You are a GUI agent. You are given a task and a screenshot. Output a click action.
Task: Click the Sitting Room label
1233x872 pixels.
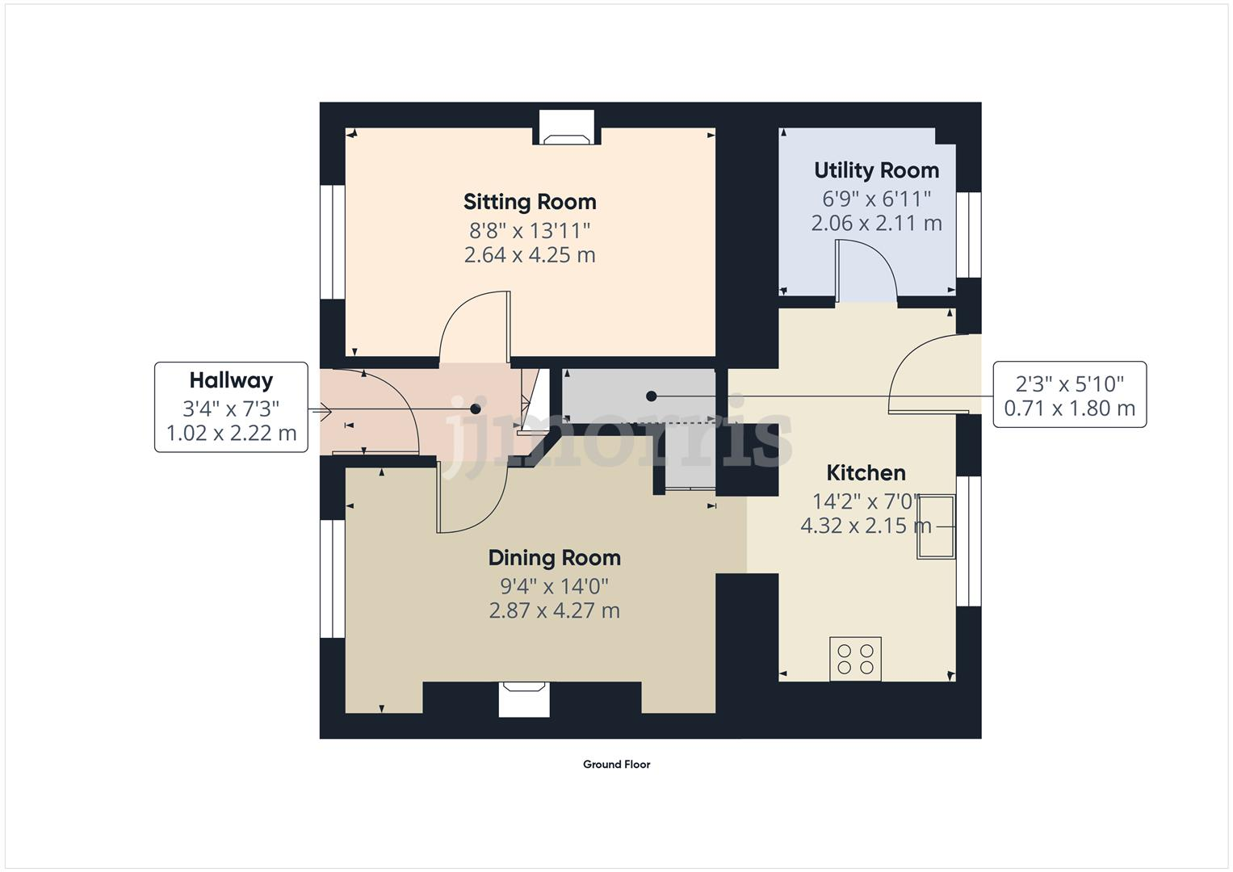pyautogui.click(x=530, y=202)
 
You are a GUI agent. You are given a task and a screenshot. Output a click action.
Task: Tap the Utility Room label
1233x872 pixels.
pyautogui.click(x=876, y=170)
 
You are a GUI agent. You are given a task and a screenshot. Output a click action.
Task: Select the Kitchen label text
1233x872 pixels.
pyautogui.click(x=866, y=473)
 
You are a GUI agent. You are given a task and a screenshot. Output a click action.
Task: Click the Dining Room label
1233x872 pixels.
pyautogui.click(x=554, y=558)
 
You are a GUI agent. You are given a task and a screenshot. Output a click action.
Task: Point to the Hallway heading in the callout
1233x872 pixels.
pyautogui.click(x=231, y=380)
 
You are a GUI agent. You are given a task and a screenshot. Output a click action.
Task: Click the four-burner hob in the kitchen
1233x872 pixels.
pyautogui.click(x=855, y=659)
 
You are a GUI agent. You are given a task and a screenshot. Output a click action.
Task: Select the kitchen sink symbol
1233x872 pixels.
pyautogui.click(x=936, y=526)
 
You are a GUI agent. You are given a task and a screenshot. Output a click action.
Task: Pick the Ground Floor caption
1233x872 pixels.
pyautogui.click(x=616, y=765)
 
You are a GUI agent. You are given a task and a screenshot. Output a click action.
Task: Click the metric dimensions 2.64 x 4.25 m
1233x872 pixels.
pyautogui.click(x=530, y=255)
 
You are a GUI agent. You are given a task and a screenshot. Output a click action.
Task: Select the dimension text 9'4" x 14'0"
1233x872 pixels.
pyautogui.click(x=554, y=586)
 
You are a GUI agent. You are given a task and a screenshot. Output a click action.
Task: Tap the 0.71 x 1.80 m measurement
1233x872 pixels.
pyautogui.click(x=1069, y=409)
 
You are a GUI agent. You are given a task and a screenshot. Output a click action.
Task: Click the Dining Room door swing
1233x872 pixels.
pyautogui.click(x=471, y=497)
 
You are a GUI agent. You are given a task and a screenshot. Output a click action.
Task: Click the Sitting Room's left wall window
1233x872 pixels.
pyautogui.click(x=332, y=242)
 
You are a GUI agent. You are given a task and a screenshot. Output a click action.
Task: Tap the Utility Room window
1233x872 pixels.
pyautogui.click(x=968, y=235)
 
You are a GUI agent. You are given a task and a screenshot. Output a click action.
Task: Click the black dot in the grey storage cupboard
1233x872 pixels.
pyautogui.click(x=652, y=396)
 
